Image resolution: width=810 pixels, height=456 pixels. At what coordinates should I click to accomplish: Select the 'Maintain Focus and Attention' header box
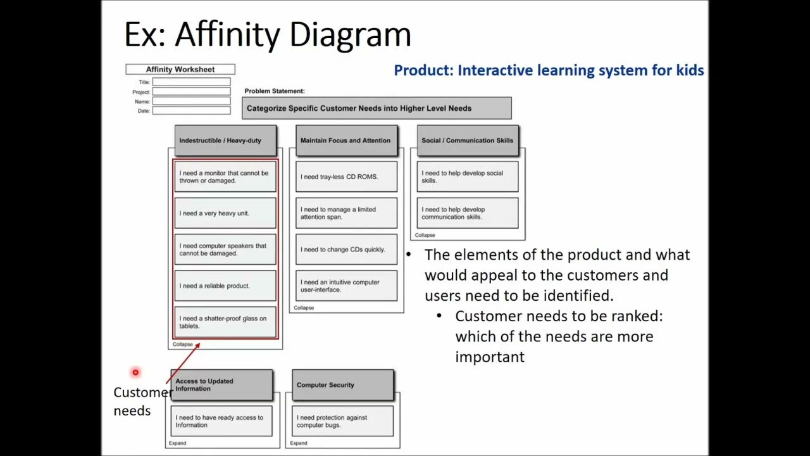[x=346, y=141]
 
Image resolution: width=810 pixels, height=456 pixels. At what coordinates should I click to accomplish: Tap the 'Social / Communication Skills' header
[x=468, y=141]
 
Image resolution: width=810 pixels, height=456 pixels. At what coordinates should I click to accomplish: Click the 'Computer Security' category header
[x=342, y=385]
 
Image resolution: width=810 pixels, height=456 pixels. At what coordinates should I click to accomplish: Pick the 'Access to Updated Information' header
[x=221, y=385]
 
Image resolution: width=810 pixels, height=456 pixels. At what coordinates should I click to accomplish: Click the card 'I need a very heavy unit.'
[x=225, y=213]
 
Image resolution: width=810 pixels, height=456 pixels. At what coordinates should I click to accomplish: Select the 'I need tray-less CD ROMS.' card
[x=346, y=177]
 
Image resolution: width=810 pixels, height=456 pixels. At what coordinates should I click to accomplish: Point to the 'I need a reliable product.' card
[x=225, y=286]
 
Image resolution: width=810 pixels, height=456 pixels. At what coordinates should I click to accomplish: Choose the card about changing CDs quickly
[x=346, y=250]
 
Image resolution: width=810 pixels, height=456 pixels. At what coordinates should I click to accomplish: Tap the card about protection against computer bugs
[x=342, y=421]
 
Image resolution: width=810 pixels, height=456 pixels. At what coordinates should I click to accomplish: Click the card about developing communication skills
[x=468, y=213]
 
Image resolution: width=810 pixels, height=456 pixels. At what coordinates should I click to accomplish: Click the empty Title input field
[x=191, y=82]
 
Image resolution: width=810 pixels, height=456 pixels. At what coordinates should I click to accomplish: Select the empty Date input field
[x=191, y=111]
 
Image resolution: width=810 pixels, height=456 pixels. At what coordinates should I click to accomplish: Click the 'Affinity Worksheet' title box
[x=180, y=70]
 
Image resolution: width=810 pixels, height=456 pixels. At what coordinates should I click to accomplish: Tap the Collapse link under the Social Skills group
[x=425, y=235]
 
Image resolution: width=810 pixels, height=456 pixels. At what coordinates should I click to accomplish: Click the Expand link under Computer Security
[x=299, y=443]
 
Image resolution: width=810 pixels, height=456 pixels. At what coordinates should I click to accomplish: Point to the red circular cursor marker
[x=135, y=372]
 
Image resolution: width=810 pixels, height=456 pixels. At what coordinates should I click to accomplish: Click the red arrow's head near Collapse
[x=197, y=345]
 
